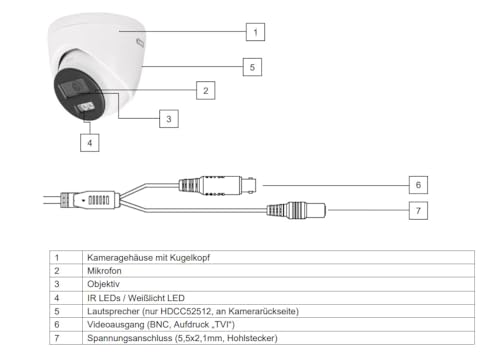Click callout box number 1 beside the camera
pos(256,32)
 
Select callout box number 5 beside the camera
pos(255,68)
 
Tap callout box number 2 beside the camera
pos(204,90)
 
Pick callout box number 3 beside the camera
pos(171,118)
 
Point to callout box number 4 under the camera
pos(90,142)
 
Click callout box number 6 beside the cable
pos(420,185)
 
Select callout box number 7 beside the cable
pos(420,210)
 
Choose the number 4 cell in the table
pos(57,297)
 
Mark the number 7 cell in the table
pos(57,338)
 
